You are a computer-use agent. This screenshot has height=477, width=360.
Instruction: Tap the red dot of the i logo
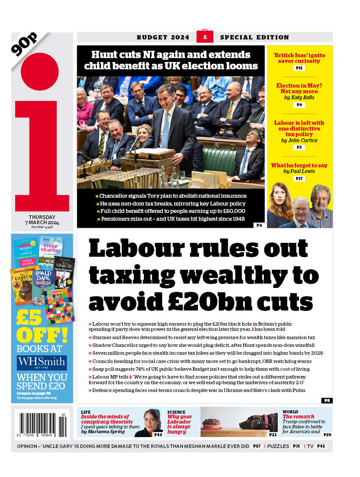click(x=39, y=72)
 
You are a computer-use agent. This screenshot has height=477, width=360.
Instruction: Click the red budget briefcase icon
click(x=204, y=37)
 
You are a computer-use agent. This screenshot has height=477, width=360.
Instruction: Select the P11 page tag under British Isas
click(x=299, y=68)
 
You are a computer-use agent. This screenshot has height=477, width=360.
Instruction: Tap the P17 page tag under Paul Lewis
click(x=299, y=179)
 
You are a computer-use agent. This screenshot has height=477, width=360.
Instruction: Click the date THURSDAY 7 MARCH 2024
click(x=42, y=220)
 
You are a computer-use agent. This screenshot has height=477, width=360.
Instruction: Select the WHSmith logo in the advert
click(x=42, y=363)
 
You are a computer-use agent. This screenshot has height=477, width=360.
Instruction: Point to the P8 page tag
click(x=327, y=401)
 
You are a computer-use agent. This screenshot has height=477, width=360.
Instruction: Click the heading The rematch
click(x=292, y=417)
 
